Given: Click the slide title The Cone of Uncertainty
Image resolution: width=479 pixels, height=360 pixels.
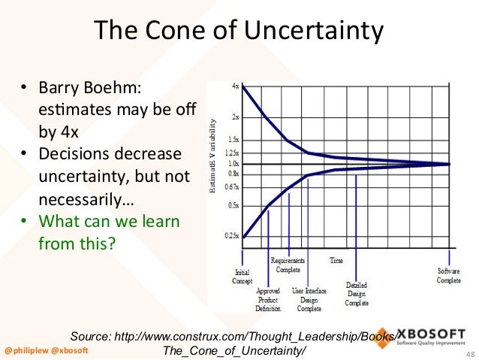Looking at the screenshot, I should click(238, 32).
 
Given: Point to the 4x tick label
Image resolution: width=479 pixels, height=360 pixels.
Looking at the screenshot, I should click(235, 86).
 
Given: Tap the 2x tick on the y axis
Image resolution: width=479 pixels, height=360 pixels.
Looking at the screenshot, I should click(235, 117).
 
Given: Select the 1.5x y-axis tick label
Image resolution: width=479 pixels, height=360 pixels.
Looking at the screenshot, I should click(233, 140).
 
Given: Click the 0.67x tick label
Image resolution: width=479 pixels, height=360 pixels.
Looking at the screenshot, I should click(232, 186).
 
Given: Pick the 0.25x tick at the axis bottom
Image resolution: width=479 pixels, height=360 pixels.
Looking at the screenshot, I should click(232, 236).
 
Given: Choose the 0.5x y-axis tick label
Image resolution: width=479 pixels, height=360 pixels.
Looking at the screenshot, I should click(233, 205).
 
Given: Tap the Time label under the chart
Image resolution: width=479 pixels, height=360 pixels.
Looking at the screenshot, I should click(336, 261).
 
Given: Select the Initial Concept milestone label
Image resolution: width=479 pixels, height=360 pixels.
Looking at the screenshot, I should click(243, 276).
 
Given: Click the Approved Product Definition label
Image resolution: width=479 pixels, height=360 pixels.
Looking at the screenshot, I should click(268, 299).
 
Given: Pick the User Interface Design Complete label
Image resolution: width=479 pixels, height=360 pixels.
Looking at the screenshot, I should click(309, 299).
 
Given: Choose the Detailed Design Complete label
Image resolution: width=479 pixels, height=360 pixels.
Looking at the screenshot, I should click(356, 294).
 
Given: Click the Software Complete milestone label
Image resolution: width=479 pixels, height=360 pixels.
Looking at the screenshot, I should click(449, 275).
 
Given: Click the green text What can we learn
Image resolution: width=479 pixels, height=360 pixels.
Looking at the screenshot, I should click(108, 223).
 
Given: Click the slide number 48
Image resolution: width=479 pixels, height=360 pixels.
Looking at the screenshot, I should click(470, 353).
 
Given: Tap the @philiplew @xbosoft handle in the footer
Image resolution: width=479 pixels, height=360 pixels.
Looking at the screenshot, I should click(46, 351).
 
